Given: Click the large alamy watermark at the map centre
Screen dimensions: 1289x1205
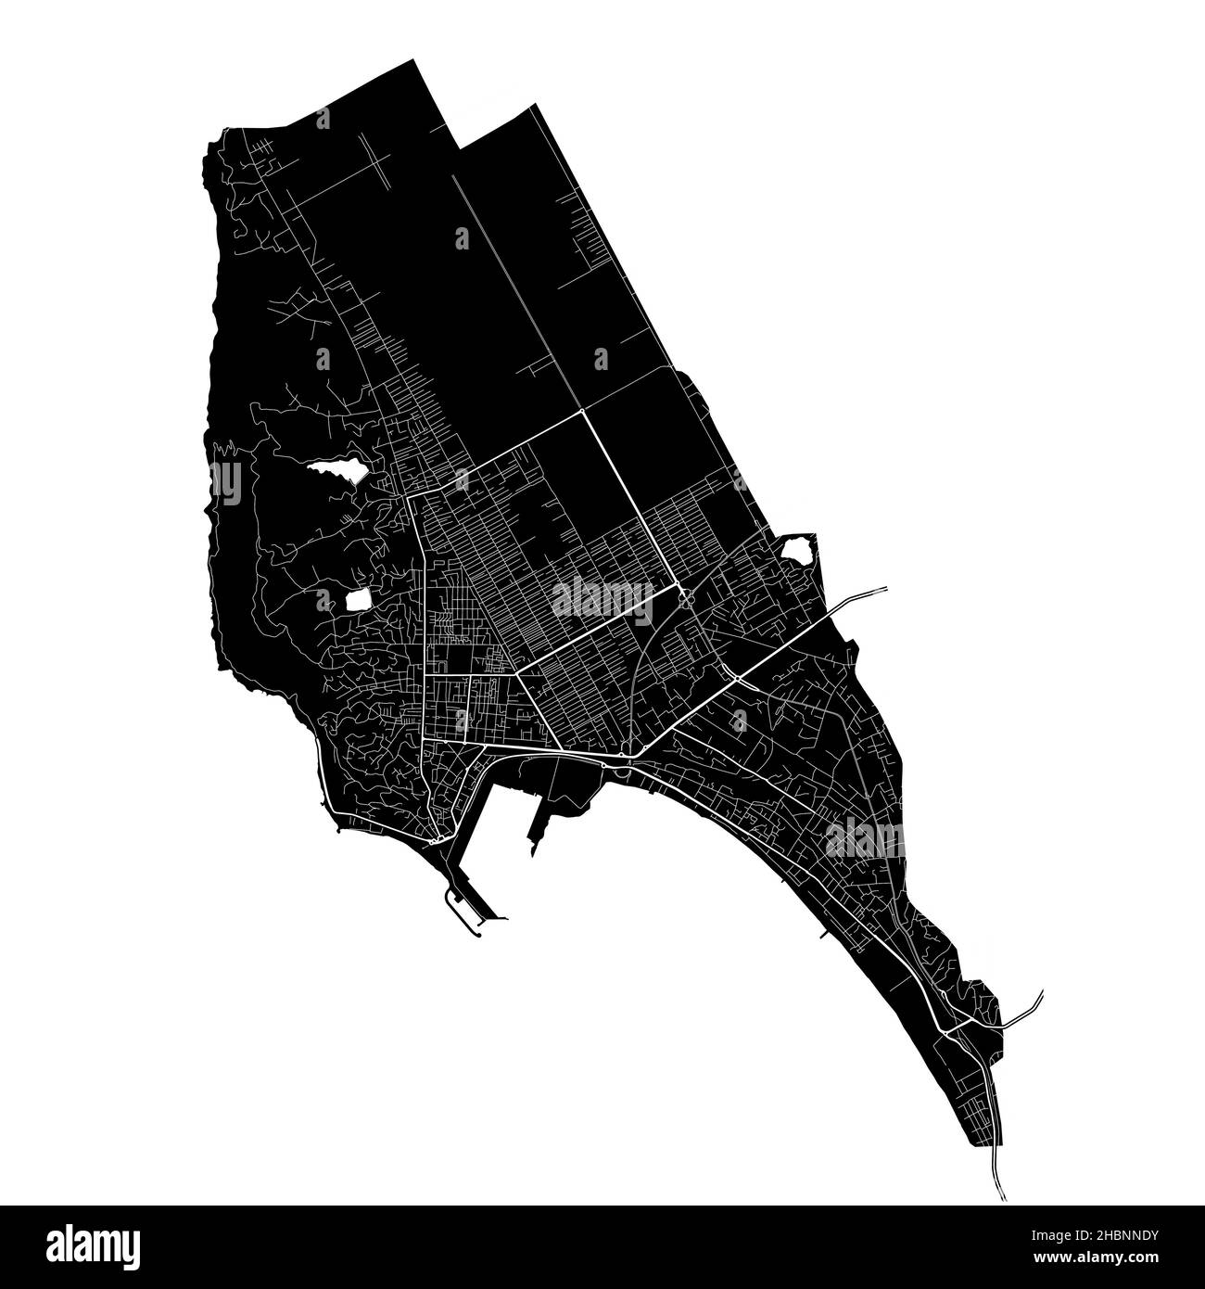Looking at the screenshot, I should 602,600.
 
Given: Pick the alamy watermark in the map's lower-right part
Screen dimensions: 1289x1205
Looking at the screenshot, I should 864,839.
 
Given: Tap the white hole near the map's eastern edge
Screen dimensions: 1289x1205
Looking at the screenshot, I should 796,550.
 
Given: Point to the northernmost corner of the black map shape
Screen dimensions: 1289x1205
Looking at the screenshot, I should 411,60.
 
